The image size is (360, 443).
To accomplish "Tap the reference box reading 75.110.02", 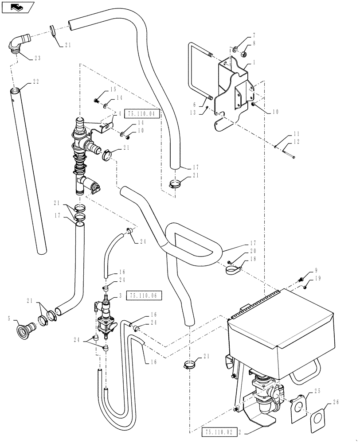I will tap(219, 430).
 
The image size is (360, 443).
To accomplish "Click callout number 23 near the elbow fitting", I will tap(37, 58).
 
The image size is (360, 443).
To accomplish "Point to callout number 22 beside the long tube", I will tap(37, 82).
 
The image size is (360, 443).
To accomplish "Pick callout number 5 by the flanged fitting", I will tap(9, 318).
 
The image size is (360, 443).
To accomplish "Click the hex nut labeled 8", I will tap(243, 54).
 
